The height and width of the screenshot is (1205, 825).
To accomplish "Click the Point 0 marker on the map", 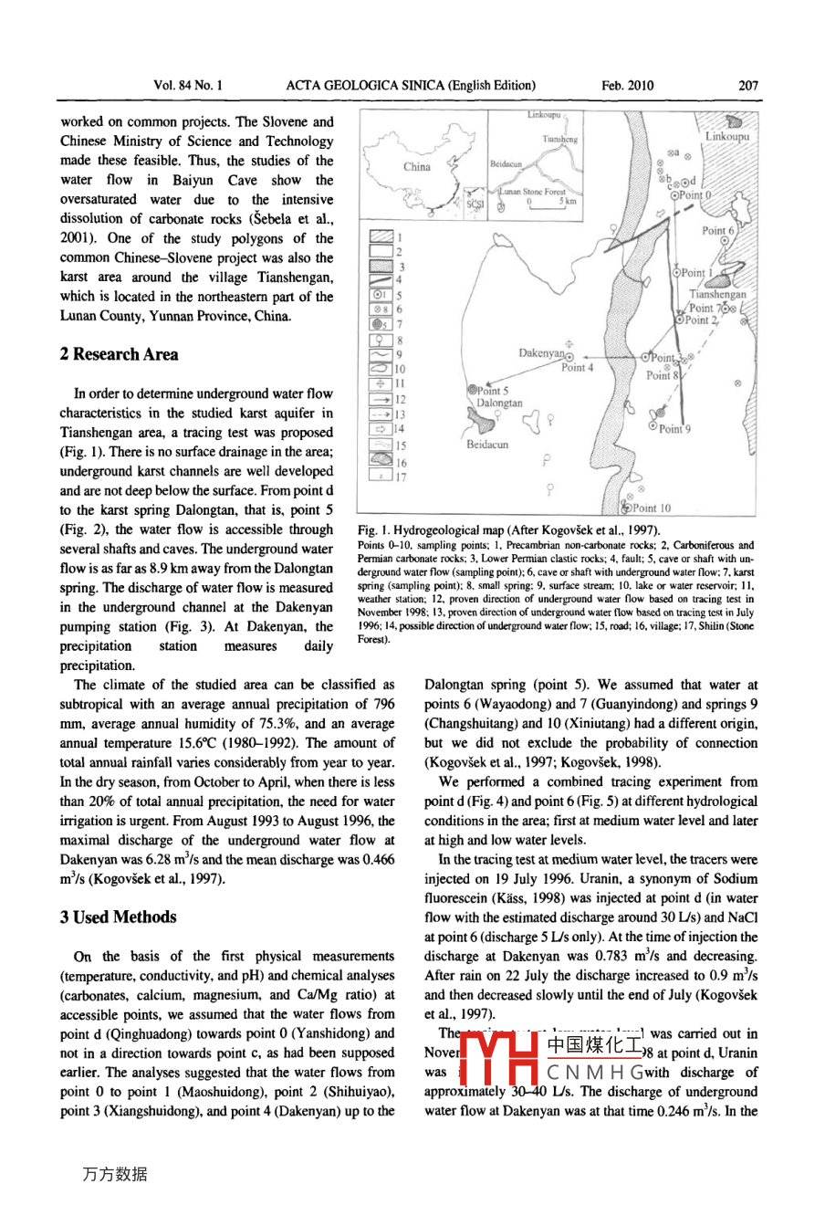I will click(674, 195).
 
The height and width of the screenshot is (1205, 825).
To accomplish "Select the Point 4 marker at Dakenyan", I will click(569, 356).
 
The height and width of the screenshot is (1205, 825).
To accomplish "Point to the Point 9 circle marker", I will click(653, 425).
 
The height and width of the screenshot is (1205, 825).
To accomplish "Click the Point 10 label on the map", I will click(652, 508).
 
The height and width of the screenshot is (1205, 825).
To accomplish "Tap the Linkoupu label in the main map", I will click(726, 136).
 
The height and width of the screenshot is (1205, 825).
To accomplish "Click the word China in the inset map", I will click(417, 167).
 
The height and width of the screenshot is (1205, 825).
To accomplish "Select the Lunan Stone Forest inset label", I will click(532, 192).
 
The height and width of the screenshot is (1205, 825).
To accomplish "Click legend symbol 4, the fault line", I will click(381, 280).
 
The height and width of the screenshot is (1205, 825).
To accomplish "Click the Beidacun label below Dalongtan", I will click(487, 445).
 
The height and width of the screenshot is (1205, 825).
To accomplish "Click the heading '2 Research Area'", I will click(119, 354).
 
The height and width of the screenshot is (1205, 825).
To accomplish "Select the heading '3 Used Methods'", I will click(119, 917).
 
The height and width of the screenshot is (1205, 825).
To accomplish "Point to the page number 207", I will click(748, 86).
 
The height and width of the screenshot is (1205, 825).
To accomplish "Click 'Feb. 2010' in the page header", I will click(628, 86).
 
